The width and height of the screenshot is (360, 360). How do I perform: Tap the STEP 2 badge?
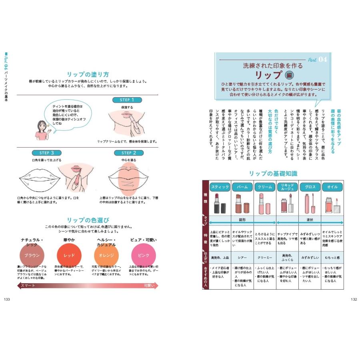tap(129, 153)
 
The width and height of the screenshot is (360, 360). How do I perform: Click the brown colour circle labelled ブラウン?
tap(32, 255)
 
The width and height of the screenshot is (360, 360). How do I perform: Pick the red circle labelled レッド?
tap(69, 255)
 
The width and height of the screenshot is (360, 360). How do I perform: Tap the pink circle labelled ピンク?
tap(143, 255)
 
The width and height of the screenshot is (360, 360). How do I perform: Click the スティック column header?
tap(220, 187)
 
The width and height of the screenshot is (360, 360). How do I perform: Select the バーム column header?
tap(242, 187)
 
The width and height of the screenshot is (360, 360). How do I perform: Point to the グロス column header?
tap(310, 187)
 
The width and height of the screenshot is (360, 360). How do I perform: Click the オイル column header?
tap(332, 187)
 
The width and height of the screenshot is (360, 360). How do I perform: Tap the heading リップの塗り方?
tap(88, 74)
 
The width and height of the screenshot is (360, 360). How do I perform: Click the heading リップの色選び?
tap(88, 220)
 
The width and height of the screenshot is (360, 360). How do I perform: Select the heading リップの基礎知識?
tap(273, 174)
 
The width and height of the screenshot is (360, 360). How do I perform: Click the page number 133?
tap(7, 299)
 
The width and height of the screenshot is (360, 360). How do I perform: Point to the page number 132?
tap(353, 299)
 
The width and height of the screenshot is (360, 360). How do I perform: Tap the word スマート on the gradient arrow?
tap(28, 285)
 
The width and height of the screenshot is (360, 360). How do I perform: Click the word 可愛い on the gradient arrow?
tap(149, 285)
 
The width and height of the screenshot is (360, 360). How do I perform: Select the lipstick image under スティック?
tap(220, 204)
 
